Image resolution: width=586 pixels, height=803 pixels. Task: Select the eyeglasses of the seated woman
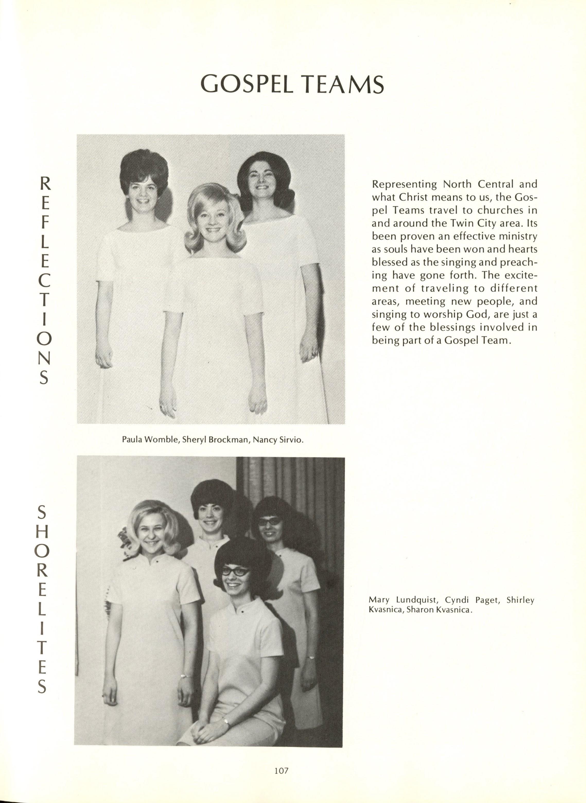(x=234, y=571)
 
